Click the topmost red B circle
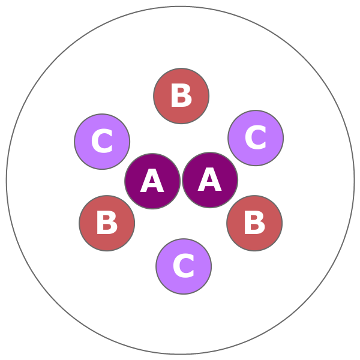(181, 96)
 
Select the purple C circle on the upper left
(102, 142)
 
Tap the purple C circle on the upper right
(256, 138)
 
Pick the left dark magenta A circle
(152, 181)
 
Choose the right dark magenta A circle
(210, 180)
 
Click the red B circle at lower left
(107, 223)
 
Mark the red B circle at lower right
(254, 223)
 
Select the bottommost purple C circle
(184, 266)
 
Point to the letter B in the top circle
(181, 96)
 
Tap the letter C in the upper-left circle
(102, 142)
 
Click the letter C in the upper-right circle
(256, 139)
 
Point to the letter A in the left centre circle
(152, 182)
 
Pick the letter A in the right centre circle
(210, 180)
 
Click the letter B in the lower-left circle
(107, 224)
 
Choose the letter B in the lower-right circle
(254, 223)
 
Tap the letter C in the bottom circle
(184, 267)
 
